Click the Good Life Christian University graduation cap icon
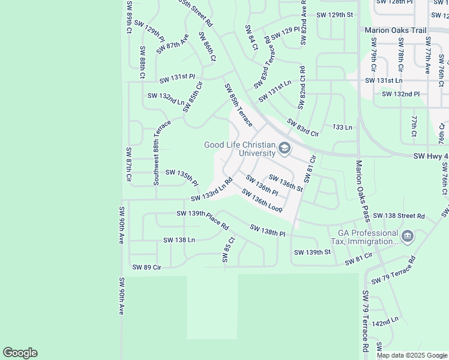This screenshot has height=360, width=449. pos(285,148)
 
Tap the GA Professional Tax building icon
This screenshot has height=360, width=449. pos(408,236)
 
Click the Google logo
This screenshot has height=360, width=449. pos(20,353)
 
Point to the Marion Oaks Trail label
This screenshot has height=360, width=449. pos(395,29)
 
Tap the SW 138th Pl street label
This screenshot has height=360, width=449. pos(267,230)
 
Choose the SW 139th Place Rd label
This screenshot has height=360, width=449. pos(203,220)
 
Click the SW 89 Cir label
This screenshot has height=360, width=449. pos(146,267)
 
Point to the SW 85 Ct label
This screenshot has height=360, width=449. pos(227,249)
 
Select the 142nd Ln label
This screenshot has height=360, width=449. pos(385,322)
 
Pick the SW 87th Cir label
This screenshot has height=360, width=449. pos(128,164)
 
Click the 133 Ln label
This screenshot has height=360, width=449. pos(342,127)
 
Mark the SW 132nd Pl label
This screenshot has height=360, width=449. pos(400,94)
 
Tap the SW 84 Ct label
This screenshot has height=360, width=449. pos(251,37)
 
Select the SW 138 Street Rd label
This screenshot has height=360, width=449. pos(398,215)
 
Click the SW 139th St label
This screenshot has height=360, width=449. pos(312,253)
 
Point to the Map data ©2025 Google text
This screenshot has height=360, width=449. pos(412,355)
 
